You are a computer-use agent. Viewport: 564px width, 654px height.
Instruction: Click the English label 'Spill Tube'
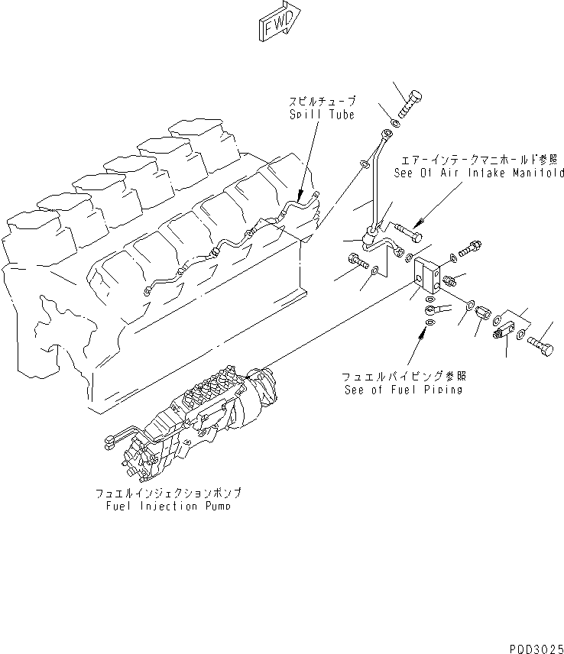point(321,115)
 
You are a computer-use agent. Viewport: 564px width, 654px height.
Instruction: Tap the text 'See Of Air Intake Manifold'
point(478,173)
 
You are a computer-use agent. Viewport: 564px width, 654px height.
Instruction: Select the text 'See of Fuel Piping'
point(403,390)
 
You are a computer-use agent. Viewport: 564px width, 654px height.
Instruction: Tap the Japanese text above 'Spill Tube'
point(321,102)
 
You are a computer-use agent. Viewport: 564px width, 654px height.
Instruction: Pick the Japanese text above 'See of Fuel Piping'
point(403,376)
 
